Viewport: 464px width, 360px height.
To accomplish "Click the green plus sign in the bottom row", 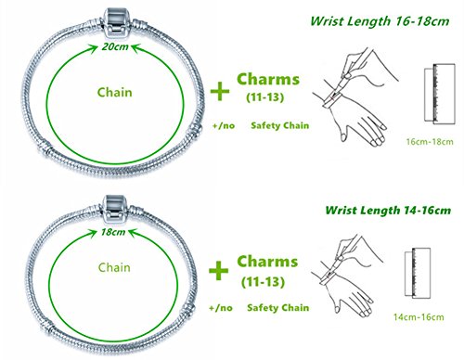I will [220, 269].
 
